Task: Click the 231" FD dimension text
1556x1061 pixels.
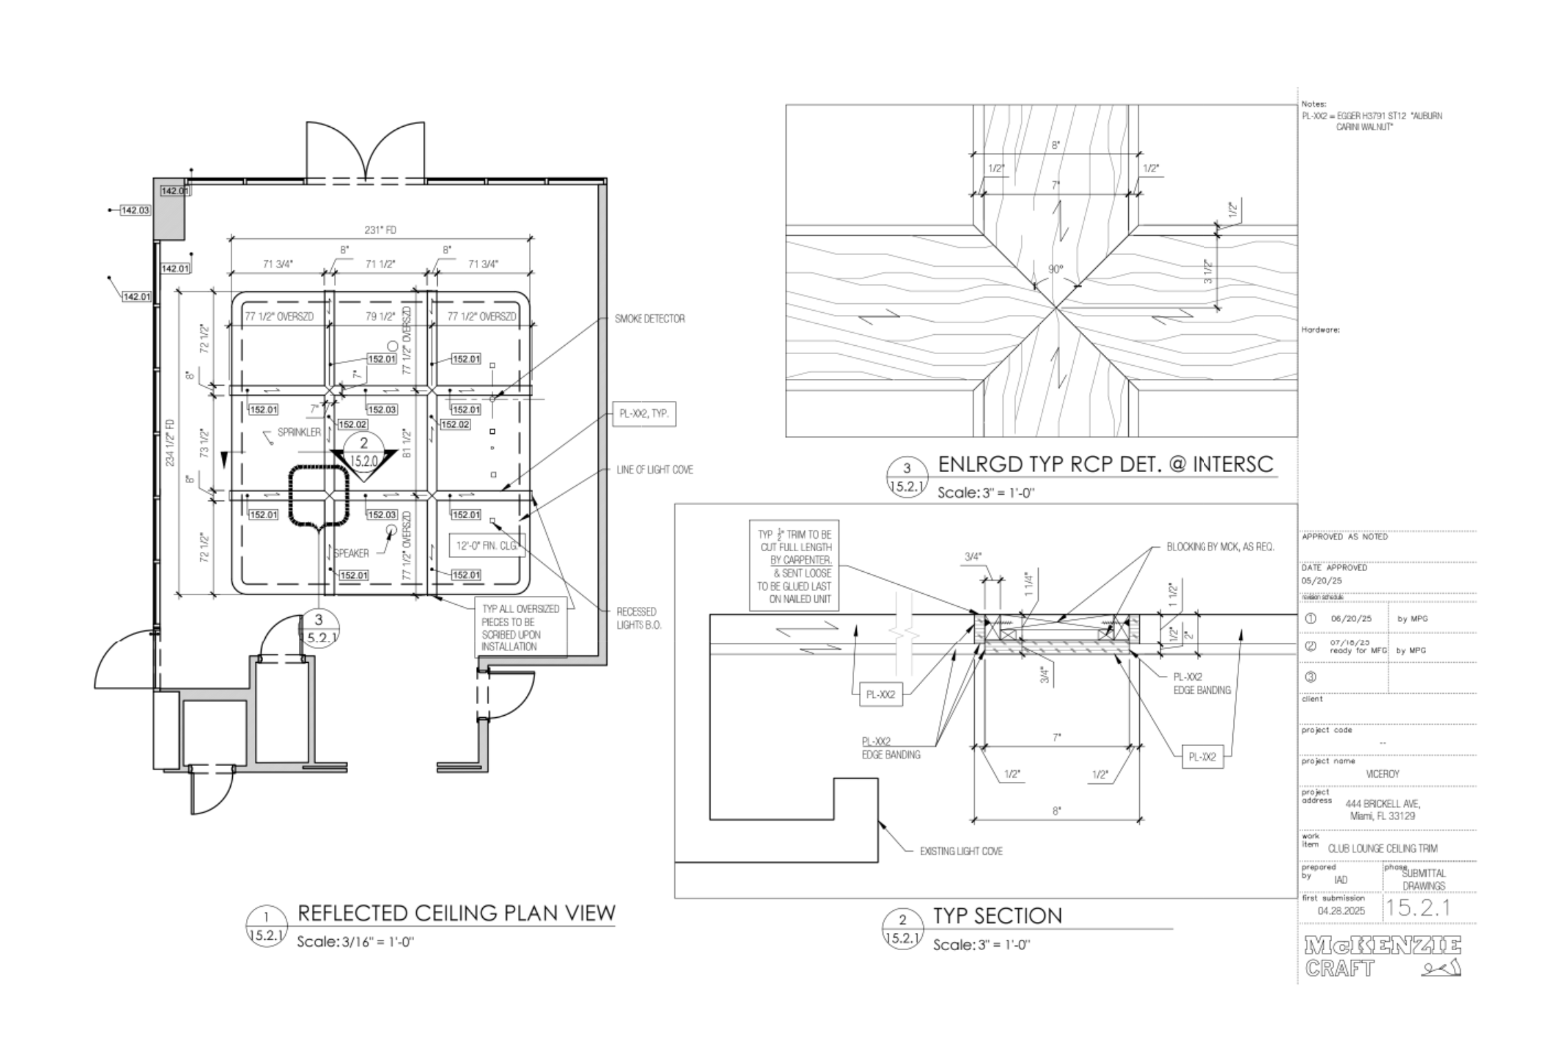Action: pyautogui.click(x=380, y=230)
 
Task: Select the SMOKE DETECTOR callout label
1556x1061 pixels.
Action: pyautogui.click(x=650, y=319)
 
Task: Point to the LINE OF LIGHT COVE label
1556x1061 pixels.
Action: pyautogui.click(x=654, y=470)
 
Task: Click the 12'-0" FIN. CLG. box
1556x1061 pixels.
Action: pyautogui.click(x=487, y=546)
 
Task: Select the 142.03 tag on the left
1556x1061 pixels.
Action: pyautogui.click(x=135, y=210)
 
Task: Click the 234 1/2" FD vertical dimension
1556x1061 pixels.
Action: pyautogui.click(x=170, y=442)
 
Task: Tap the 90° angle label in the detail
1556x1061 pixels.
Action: pyautogui.click(x=1056, y=269)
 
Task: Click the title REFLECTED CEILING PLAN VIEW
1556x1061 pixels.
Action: pyautogui.click(x=456, y=913)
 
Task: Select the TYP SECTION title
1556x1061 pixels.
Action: pyautogui.click(x=997, y=916)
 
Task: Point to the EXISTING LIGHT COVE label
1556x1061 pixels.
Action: pyautogui.click(x=961, y=852)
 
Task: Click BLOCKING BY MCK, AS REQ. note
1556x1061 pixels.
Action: pyautogui.click(x=1220, y=547)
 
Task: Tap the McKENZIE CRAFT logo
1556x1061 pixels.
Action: pyautogui.click(x=1383, y=956)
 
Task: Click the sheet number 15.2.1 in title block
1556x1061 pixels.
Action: pyautogui.click(x=1418, y=908)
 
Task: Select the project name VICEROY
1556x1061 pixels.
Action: pyautogui.click(x=1382, y=774)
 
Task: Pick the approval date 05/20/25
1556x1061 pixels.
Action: pyautogui.click(x=1316, y=581)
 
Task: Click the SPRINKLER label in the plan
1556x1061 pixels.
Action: pyautogui.click(x=299, y=432)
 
